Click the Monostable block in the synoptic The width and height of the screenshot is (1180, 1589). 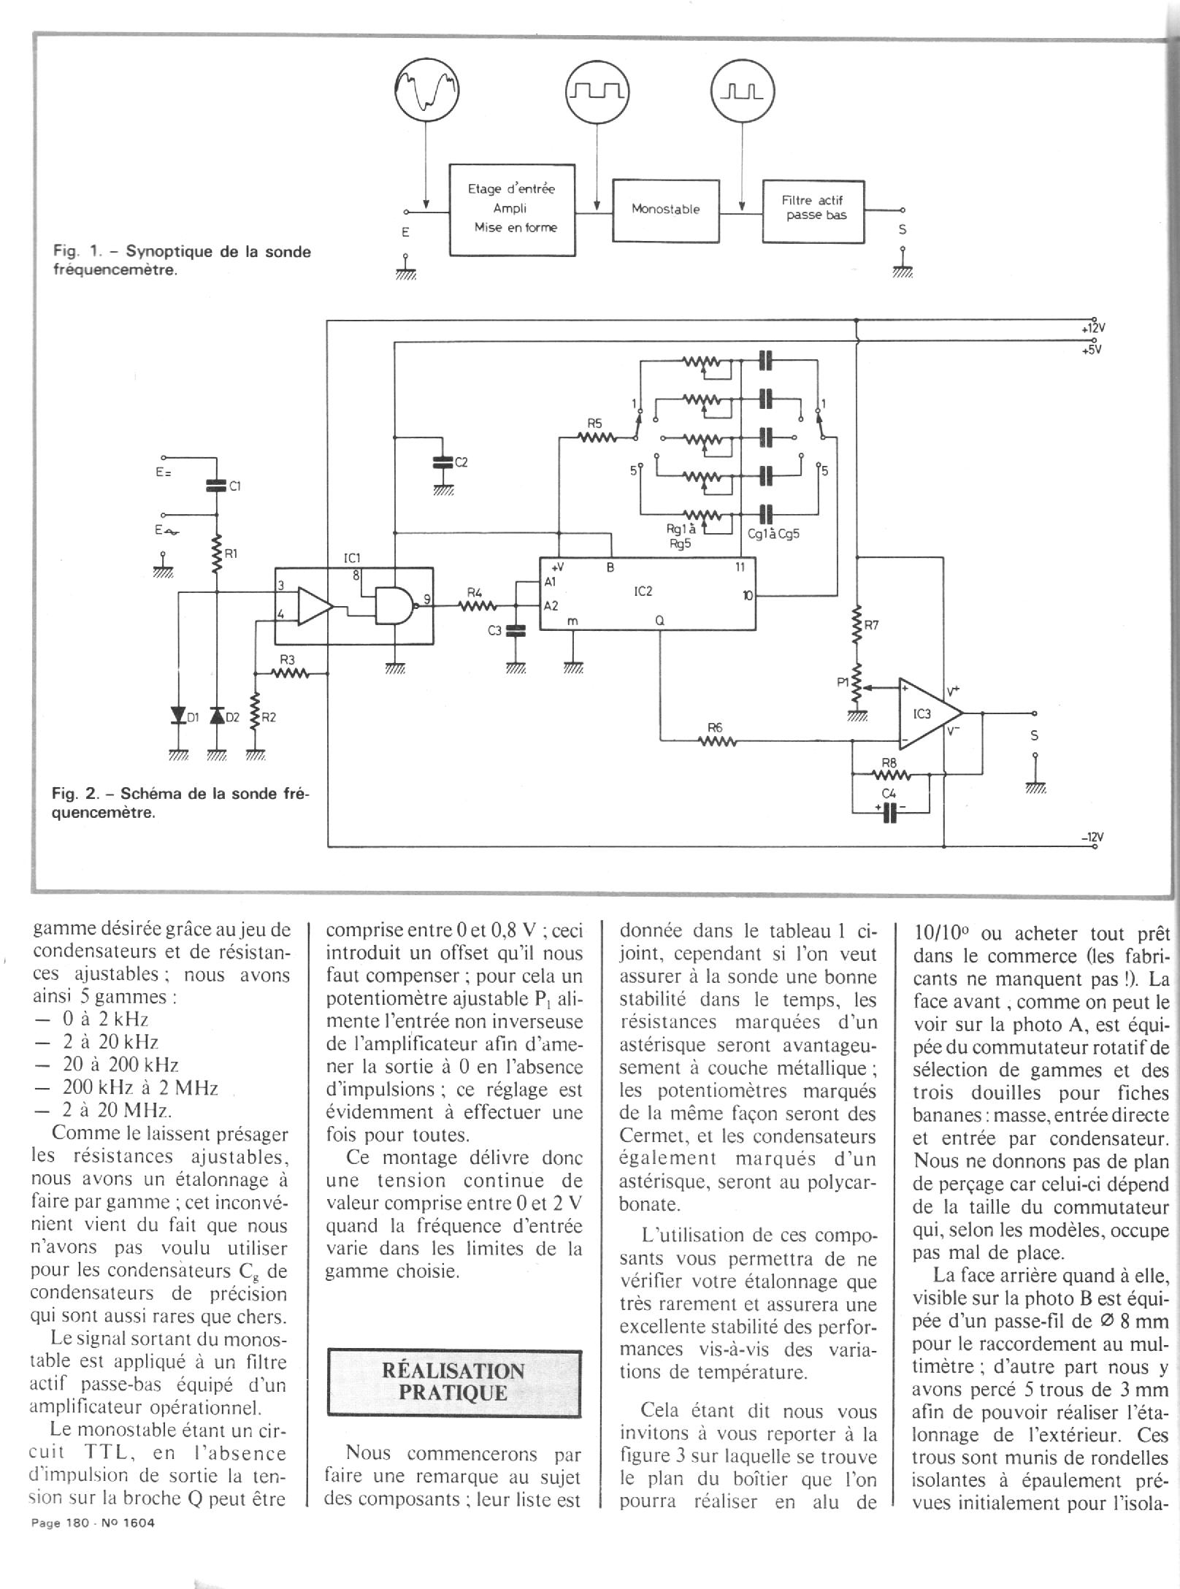(665, 210)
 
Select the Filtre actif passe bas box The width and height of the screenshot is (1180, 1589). (813, 211)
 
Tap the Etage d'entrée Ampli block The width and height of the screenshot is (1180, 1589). (511, 209)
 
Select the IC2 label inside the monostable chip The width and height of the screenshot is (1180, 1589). (643, 591)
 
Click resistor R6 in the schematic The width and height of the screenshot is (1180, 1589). (716, 742)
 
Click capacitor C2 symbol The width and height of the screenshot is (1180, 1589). (441, 463)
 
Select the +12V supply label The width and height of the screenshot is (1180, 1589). (1092, 329)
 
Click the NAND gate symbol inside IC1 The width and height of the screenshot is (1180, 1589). (393, 605)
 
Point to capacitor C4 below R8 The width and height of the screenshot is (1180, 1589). (889, 812)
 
